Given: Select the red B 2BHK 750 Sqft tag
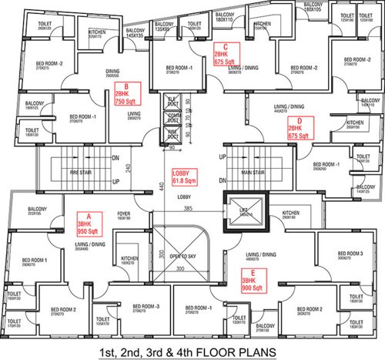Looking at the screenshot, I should click(126, 93).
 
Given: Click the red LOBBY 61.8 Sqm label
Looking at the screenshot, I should click(186, 177).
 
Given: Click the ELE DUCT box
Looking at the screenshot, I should click(172, 102).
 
